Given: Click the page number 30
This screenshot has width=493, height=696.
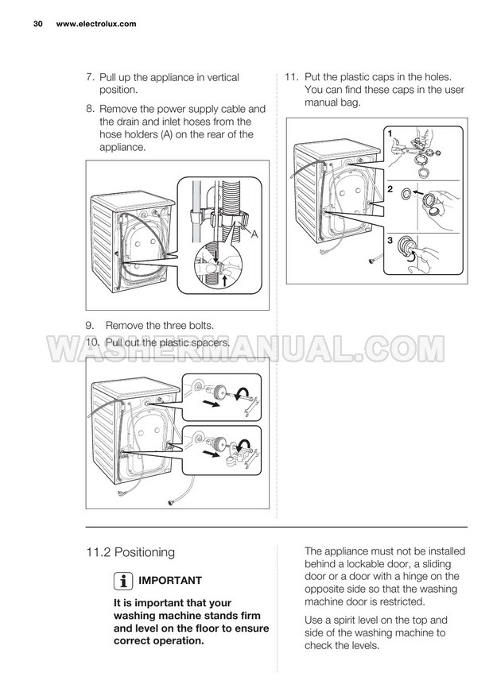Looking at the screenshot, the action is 37,24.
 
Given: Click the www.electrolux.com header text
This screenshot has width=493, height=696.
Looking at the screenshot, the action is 96,24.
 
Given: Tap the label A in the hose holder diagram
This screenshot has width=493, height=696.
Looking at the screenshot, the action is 254,234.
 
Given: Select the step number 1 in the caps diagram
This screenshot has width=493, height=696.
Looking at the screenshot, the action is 390,133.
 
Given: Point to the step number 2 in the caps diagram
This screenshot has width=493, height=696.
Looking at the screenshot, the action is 390,189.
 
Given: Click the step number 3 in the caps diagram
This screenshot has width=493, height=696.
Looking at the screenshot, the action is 390,240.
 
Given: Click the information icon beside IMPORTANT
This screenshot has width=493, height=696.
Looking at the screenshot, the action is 123,581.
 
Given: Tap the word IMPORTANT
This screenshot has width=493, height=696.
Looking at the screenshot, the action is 170,581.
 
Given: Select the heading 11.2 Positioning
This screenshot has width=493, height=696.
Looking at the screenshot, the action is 130,553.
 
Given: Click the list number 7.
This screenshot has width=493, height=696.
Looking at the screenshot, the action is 90,77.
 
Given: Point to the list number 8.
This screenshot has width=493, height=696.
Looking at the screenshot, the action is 90,109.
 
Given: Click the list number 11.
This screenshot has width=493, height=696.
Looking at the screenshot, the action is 291,77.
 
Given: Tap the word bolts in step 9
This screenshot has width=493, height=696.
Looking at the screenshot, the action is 199,326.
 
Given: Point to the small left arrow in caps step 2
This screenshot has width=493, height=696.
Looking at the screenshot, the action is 417,193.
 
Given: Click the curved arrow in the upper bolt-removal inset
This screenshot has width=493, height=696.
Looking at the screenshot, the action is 242,392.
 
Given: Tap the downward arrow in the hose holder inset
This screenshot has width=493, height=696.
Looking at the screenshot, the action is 215,256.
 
